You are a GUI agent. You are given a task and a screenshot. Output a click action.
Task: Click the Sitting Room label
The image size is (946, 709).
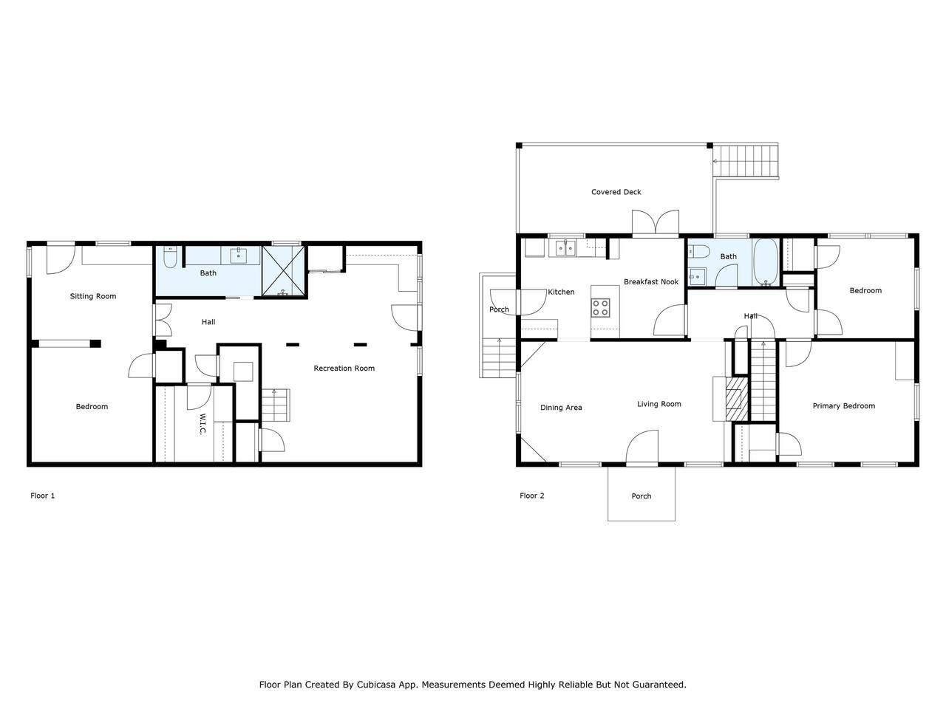[93, 296]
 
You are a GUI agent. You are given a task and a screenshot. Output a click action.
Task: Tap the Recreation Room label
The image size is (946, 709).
[344, 368]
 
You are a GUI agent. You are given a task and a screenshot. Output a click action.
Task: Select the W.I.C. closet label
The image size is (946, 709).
[203, 424]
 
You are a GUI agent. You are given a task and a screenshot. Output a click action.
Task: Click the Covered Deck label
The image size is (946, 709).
[616, 192]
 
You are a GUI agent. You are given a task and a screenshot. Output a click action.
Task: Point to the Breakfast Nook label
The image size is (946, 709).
[651, 281]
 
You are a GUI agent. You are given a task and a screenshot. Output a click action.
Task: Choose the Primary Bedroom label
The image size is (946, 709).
[843, 406]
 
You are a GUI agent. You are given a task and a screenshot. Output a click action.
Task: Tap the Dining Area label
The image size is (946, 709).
[561, 407]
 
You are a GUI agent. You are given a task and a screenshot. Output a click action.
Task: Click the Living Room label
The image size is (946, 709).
[659, 404]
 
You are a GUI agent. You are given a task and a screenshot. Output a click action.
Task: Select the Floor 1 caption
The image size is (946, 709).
[42, 496]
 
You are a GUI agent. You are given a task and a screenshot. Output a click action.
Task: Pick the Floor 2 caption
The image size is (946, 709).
[532, 496]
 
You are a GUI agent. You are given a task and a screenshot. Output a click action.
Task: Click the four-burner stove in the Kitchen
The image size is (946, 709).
[600, 307]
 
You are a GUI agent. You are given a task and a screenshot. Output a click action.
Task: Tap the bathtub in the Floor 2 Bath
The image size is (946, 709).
[766, 262]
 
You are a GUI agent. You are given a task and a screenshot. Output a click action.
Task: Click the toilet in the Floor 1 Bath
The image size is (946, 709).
[170, 258]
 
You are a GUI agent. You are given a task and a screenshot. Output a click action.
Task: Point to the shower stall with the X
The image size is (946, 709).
[283, 271]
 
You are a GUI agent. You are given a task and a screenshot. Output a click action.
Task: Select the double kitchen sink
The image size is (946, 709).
[565, 248]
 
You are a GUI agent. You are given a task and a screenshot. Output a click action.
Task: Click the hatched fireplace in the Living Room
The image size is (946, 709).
[737, 399]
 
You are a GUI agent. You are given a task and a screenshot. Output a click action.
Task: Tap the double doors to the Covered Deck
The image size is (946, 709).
[656, 222]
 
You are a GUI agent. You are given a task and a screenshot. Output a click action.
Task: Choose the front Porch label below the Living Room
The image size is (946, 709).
[642, 496]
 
